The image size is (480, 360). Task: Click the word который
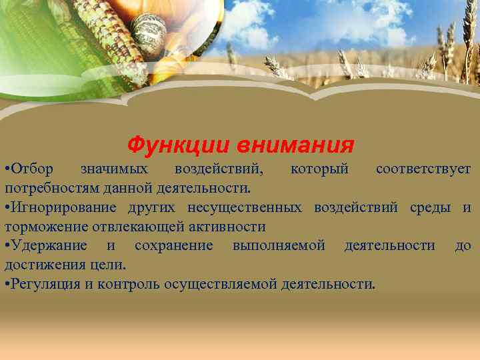pos(319,169)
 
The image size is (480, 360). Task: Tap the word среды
pos(427,207)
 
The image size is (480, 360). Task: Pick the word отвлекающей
pos(131,227)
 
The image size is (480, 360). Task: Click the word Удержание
pos(47,246)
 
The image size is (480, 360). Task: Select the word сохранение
pos(173,246)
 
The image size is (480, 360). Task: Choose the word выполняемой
pos(279,246)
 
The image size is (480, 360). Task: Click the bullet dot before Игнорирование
pos(6,207)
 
